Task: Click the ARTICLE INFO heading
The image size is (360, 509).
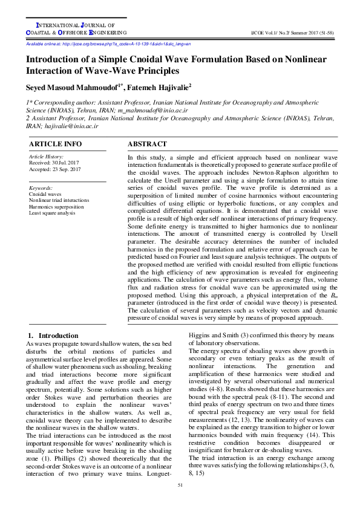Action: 55,144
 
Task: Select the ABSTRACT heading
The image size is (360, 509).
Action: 147,144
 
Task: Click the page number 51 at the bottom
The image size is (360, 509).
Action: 180,485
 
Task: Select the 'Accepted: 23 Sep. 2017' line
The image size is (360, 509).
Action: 55,170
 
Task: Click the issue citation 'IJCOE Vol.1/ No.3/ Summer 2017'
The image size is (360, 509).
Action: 285,31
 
